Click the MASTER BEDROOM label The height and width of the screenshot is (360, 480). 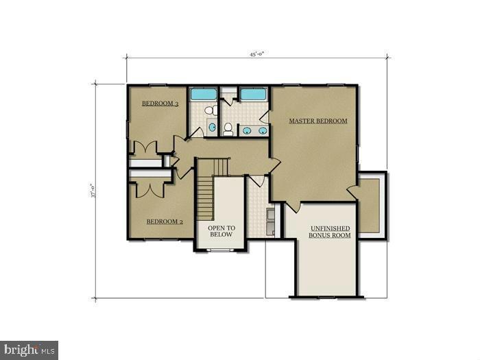pos(317,121)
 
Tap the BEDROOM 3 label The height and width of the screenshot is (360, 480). pos(160,104)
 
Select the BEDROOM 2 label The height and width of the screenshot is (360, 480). pos(165,221)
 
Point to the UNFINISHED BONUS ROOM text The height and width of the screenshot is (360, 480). pos(331,231)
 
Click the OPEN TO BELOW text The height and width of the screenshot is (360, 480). pos(221,231)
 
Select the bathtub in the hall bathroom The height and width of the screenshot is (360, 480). pos(203,95)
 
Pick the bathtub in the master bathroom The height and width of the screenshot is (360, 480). pos(252,94)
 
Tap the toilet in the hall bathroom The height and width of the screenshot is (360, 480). pos(211,110)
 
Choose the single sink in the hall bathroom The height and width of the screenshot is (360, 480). pos(213,128)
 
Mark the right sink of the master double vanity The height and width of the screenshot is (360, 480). pos(263,130)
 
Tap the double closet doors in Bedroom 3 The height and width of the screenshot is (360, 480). pos(146,147)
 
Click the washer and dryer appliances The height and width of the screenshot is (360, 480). pos(270,221)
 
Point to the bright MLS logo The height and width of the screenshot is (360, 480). pos(29,350)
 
